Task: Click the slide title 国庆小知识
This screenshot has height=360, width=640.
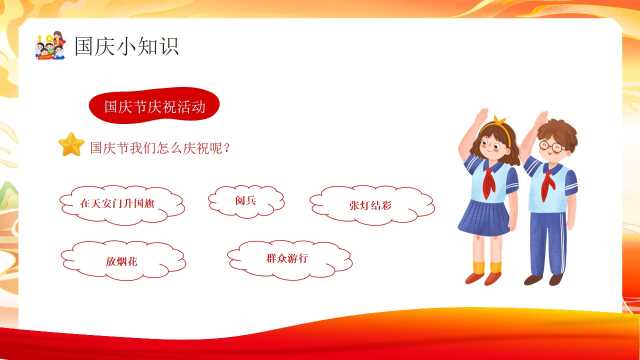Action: coord(126,46)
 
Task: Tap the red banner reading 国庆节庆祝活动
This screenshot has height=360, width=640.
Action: coord(154,106)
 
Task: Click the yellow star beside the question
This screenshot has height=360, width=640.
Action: coord(71,144)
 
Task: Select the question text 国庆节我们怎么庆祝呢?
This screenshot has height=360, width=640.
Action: coord(160,147)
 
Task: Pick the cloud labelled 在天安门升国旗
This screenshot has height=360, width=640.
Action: coord(122,204)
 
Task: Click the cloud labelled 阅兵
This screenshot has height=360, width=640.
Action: coord(246,201)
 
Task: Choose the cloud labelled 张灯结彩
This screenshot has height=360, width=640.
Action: coord(372,205)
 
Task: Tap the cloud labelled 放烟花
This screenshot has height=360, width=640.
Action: coord(123,260)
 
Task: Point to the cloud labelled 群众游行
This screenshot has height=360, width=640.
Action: coord(290,260)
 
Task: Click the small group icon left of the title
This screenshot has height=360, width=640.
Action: coord(51,46)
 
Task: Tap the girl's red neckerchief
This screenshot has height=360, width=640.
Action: coord(489,180)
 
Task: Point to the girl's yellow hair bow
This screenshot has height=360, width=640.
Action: coord(499,120)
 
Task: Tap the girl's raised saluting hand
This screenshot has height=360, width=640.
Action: coord(482,116)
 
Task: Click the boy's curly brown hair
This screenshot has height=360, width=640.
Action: coord(558,131)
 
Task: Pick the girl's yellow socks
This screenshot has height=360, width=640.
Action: coord(487,268)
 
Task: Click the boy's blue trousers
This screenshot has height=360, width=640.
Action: coord(549,243)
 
